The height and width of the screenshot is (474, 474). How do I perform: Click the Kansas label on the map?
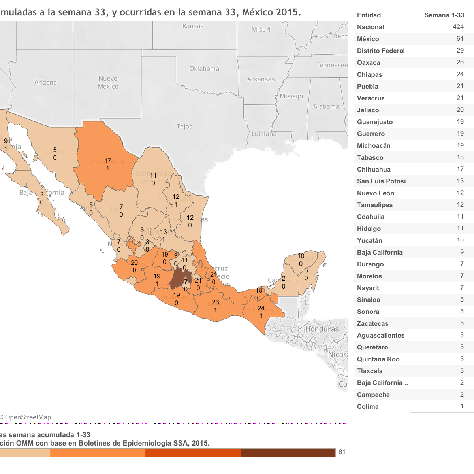193,26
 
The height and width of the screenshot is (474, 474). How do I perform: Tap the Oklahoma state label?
204,69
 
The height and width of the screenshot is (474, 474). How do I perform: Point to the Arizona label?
45,83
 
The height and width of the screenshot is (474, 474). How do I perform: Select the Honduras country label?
322,329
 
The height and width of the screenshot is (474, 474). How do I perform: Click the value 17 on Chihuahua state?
107,161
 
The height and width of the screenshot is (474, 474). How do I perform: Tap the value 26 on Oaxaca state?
215,302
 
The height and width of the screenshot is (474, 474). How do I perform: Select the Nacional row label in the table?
371,27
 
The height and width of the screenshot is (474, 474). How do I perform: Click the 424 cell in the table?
458,27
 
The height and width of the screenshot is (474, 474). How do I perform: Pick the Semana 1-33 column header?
444,15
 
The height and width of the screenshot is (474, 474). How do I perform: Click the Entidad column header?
369,15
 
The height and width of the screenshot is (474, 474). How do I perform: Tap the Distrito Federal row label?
381,51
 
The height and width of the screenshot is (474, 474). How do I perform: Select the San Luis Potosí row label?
381,181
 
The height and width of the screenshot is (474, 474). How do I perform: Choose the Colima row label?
368,407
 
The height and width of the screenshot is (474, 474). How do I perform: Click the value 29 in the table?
460,51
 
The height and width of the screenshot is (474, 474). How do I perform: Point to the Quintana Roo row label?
378,359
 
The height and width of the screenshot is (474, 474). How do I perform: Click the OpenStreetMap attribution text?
28,417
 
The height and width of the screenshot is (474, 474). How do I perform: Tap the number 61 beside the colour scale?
342,452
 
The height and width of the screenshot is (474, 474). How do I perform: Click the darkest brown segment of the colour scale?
288,453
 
